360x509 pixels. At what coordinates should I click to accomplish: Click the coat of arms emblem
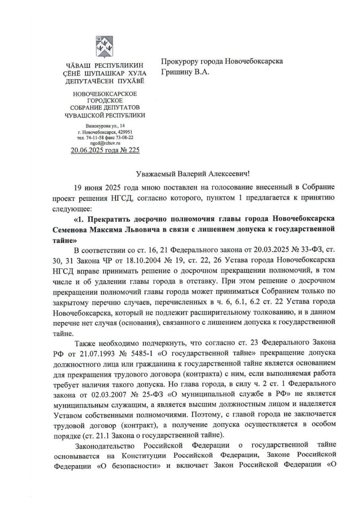point(105,47)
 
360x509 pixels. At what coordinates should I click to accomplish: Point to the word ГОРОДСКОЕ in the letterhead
point(105,101)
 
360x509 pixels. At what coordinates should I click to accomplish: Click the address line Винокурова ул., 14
point(105,126)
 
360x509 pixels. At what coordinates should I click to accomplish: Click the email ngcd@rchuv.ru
point(105,143)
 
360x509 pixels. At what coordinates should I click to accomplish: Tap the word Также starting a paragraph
point(85,343)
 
